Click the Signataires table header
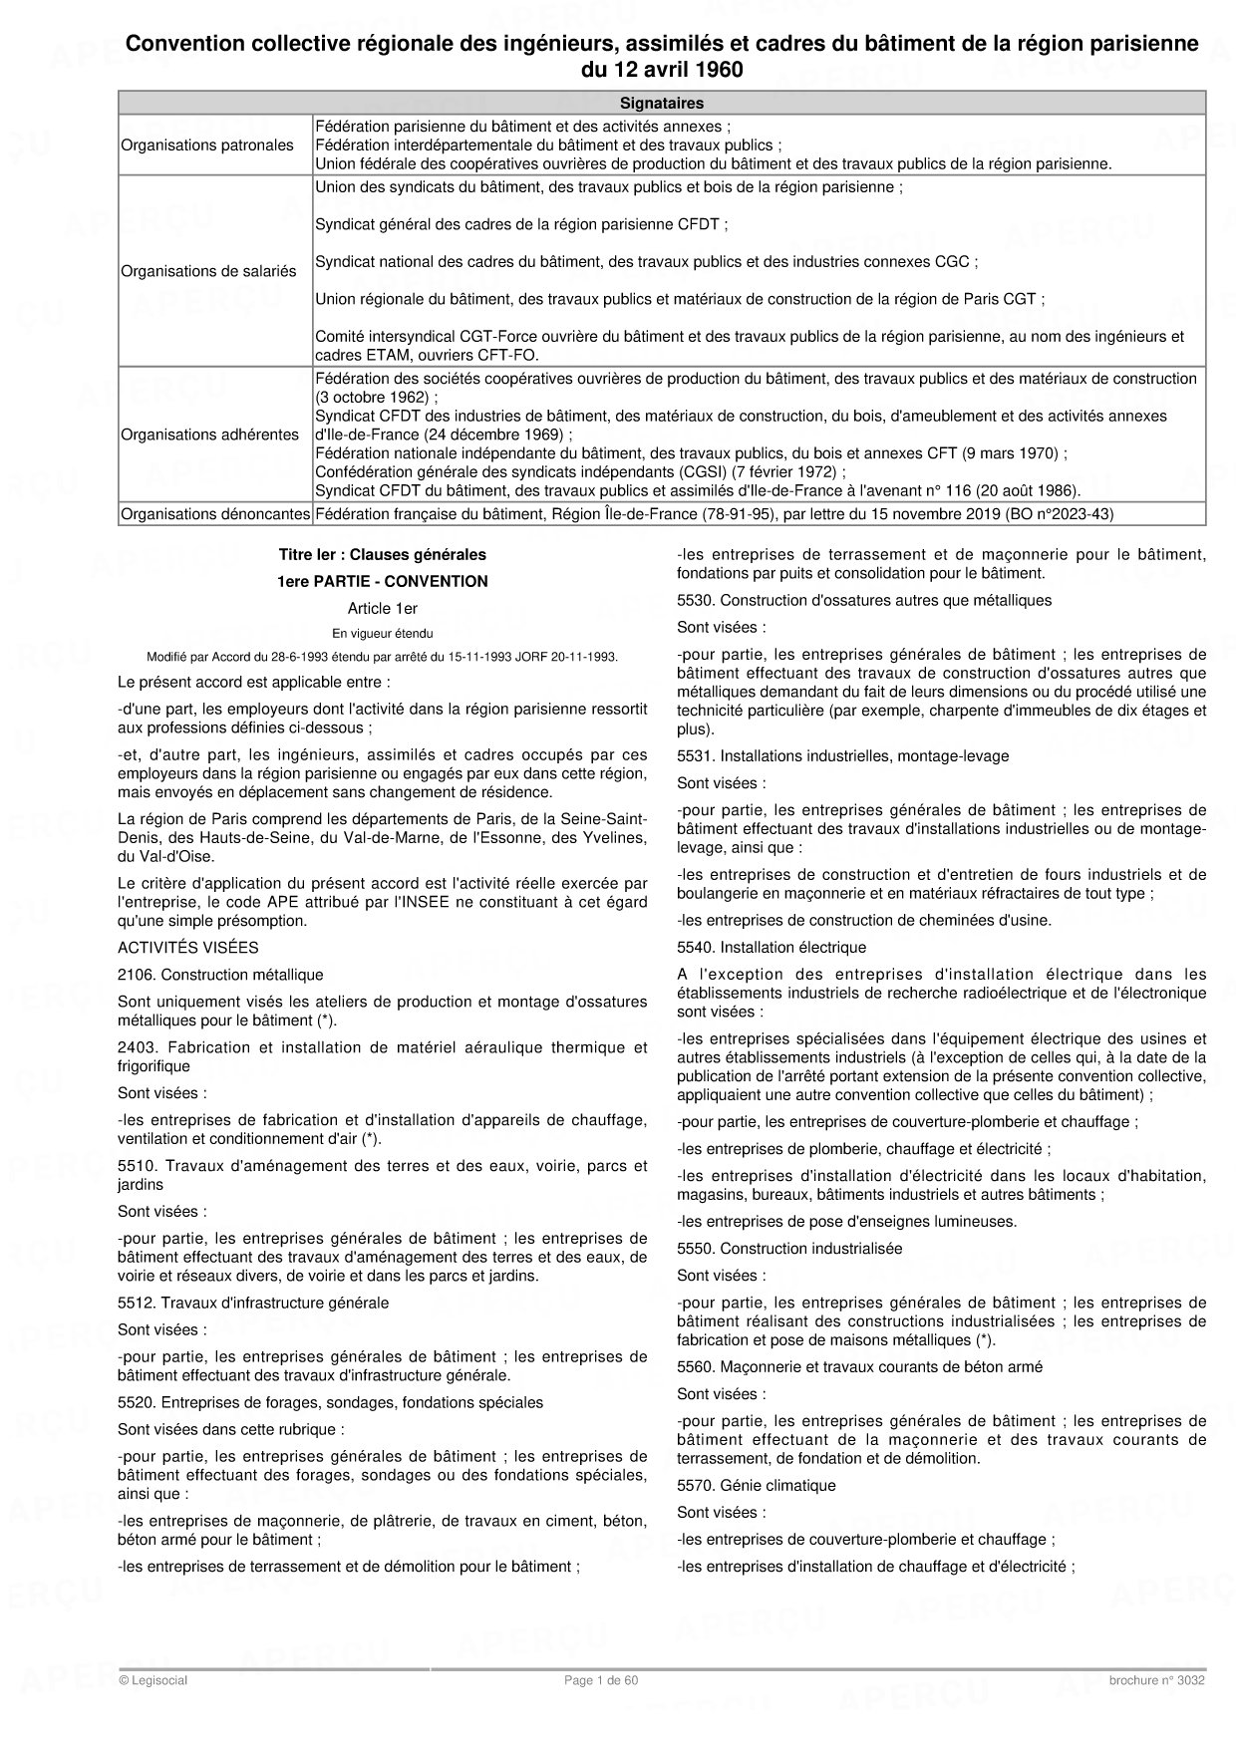tap(662, 103)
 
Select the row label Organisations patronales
tap(207, 146)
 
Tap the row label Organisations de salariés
tap(209, 271)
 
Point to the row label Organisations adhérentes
tap(209, 435)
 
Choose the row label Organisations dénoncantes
tap(215, 514)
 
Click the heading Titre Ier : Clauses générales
tap(383, 554)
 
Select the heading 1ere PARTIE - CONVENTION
tap(383, 581)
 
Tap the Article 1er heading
tap(383, 608)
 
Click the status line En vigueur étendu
tap(383, 633)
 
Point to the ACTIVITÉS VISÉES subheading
tap(187, 948)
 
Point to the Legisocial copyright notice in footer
tap(153, 1680)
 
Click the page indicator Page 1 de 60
tap(601, 1680)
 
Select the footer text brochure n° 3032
tap(1156, 1680)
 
